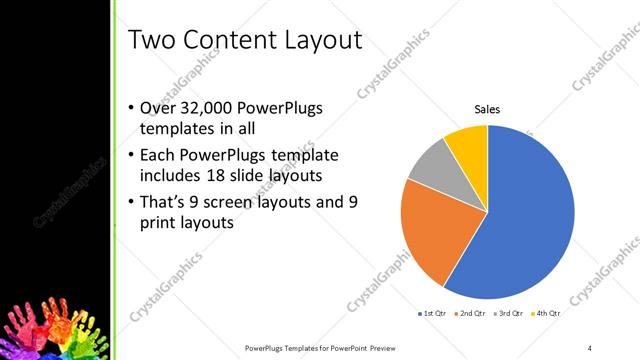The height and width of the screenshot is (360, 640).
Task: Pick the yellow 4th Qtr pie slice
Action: tap(468, 142)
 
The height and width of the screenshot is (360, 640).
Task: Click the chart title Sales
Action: tap(487, 110)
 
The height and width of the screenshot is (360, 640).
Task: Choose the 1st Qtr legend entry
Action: tap(434, 314)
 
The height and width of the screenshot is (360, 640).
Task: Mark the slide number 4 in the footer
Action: tap(590, 347)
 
